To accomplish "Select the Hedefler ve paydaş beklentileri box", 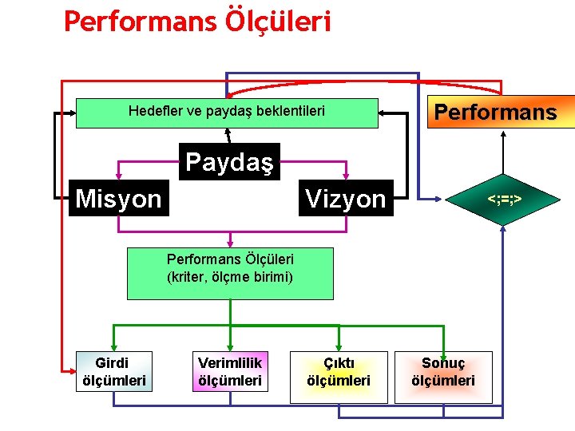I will (227, 113).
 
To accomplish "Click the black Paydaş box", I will (229, 162).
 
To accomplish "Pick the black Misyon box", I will (118, 198).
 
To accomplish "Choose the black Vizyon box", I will (346, 198).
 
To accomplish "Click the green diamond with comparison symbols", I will (504, 196).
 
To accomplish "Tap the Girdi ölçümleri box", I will (114, 371).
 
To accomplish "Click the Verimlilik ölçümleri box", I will (230, 371).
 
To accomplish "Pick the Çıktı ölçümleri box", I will (339, 371).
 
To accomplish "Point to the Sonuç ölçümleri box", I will (443, 371).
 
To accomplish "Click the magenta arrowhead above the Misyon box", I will (118, 176).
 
